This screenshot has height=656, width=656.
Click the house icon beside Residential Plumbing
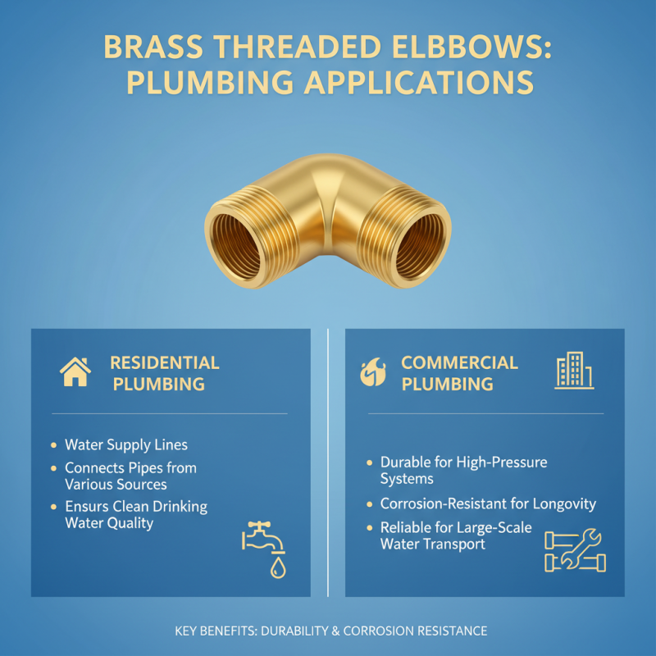point(75,372)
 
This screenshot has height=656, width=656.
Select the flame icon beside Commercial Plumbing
point(372,372)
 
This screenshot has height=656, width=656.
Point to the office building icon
point(573,371)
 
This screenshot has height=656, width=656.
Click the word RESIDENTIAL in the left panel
point(164,362)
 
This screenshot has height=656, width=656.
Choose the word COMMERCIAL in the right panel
point(459,362)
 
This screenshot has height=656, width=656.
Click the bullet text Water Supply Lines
point(126,445)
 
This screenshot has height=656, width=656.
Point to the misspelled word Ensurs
point(89,507)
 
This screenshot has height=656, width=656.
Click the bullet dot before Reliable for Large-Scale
point(371,528)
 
